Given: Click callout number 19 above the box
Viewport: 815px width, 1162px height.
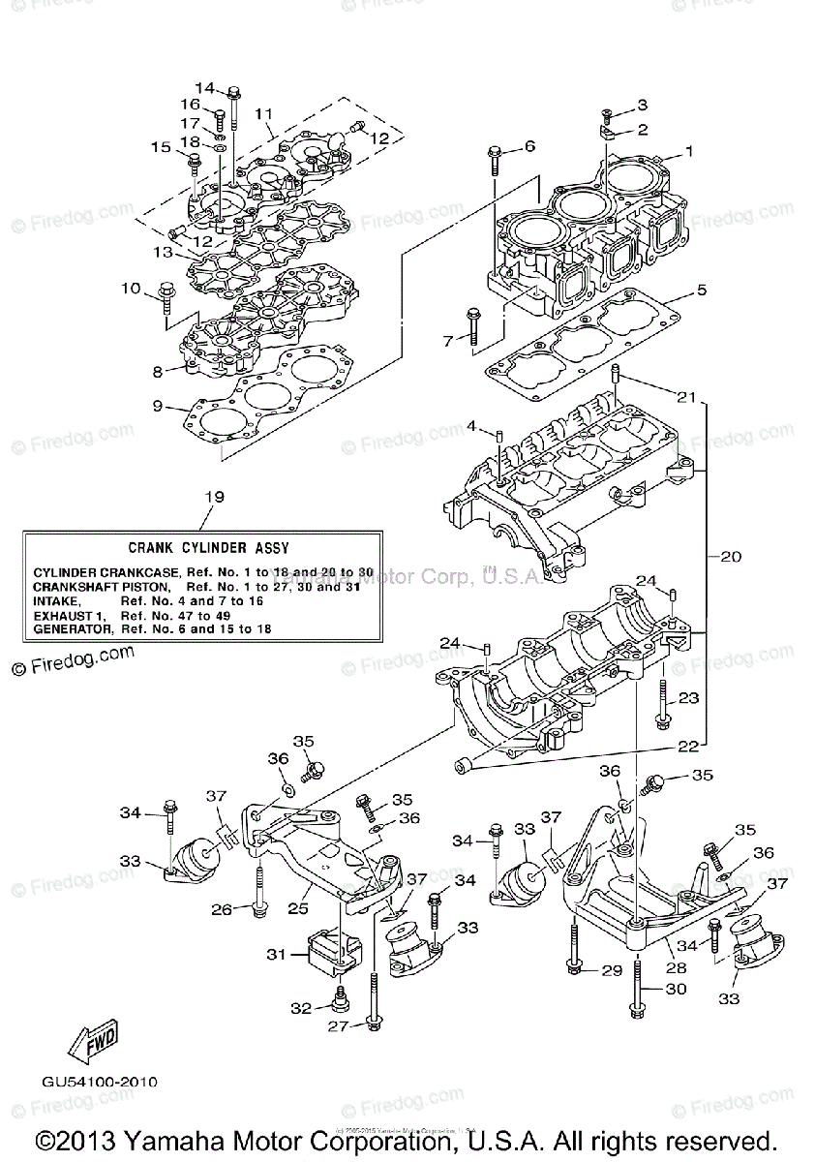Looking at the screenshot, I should (214, 497).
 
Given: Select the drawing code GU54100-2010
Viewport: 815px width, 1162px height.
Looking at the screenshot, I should (100, 1082).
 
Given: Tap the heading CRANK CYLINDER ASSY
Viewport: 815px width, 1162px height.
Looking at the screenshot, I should (208, 548).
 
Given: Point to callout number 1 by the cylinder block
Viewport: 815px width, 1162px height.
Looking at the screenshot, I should (689, 151).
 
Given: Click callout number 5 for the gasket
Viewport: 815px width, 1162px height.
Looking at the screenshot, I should (702, 290).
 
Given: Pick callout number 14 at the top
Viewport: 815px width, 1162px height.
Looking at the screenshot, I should (207, 88).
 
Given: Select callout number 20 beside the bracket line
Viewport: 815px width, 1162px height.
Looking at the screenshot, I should (730, 557).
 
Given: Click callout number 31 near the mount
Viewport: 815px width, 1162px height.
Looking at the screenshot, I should (277, 954).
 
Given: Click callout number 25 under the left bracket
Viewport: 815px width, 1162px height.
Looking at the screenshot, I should (298, 909).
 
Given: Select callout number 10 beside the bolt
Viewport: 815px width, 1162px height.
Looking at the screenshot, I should (131, 289).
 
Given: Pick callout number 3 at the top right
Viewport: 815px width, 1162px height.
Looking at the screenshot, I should (641, 105).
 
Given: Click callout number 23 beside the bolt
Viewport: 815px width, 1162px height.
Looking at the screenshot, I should (688, 697).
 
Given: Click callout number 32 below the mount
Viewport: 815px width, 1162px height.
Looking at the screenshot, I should (301, 1008).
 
